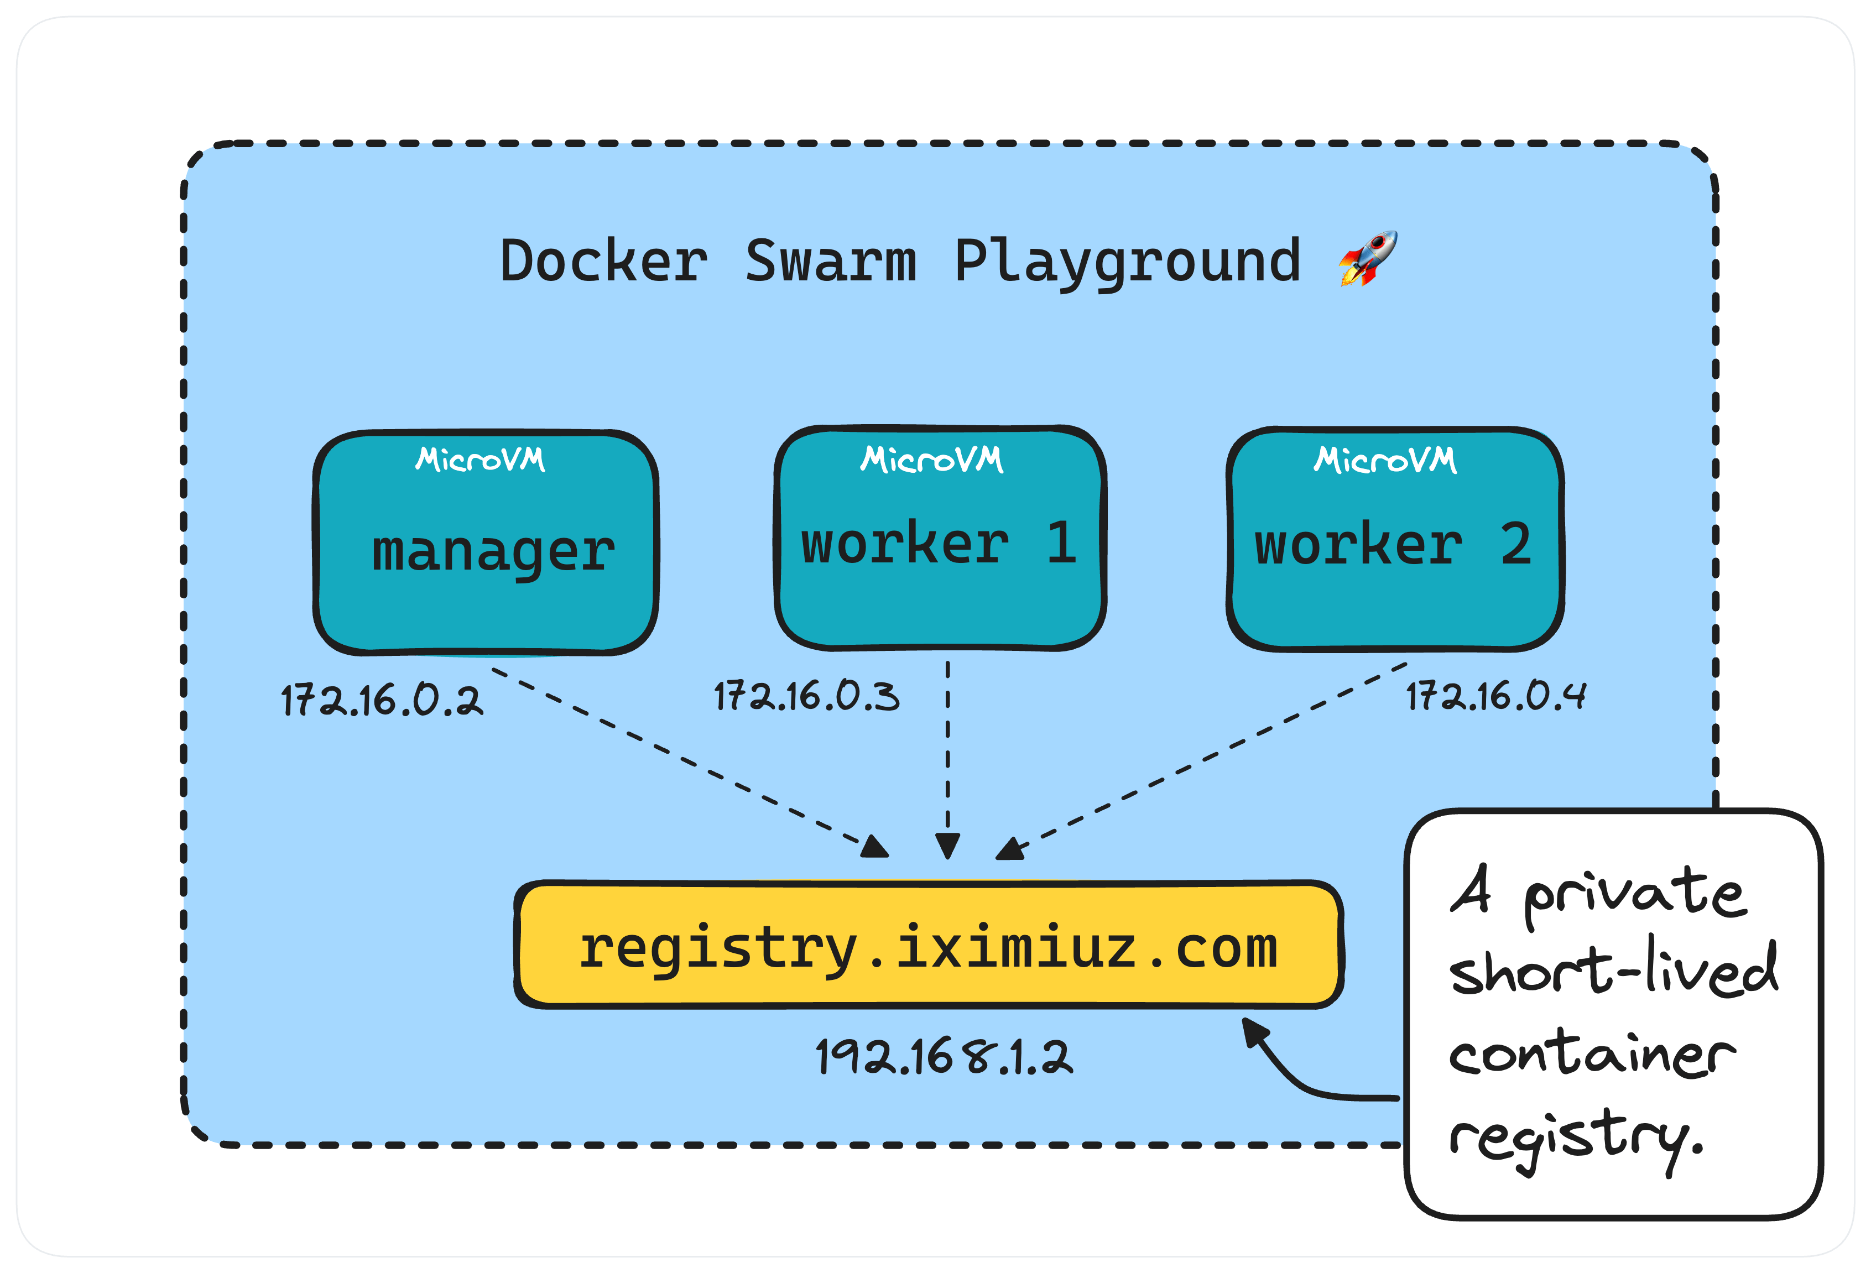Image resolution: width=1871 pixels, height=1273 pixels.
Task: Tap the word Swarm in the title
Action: click(830, 261)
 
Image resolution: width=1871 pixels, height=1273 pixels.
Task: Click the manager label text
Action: click(493, 552)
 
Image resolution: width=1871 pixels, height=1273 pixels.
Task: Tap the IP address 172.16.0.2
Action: click(382, 700)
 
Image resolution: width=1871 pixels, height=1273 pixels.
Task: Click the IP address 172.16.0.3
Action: click(806, 696)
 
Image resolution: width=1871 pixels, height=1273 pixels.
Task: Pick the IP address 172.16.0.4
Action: click(1495, 696)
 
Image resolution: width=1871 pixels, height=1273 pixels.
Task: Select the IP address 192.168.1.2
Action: click(944, 1057)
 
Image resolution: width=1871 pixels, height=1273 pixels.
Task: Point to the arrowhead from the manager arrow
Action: click(875, 848)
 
